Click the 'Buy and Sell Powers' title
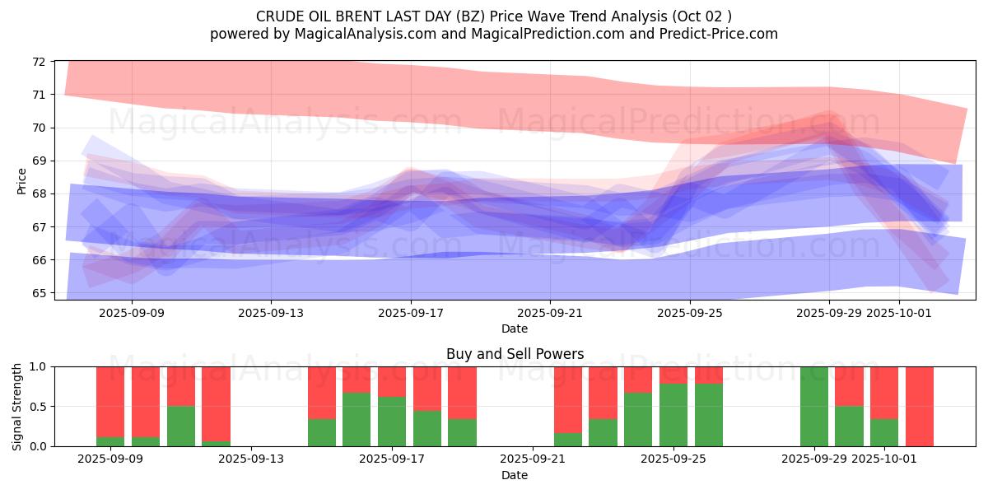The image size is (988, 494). pyautogui.click(x=515, y=354)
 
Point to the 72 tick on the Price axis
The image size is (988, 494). pyautogui.click(x=39, y=61)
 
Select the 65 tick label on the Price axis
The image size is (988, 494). pyautogui.click(x=39, y=293)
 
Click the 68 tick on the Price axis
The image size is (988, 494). pyautogui.click(x=39, y=193)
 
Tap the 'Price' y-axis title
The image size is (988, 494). pyautogui.click(x=21, y=181)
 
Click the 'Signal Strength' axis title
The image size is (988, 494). pyautogui.click(x=17, y=406)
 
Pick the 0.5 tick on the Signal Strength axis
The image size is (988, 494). pyautogui.click(x=35, y=407)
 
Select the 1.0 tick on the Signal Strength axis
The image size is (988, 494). pyautogui.click(x=35, y=366)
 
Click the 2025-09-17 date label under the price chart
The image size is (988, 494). pyautogui.click(x=411, y=313)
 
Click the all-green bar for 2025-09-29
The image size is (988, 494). pyautogui.click(x=813, y=406)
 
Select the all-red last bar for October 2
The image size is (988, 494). pyautogui.click(x=919, y=406)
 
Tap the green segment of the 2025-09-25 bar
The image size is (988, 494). pyautogui.click(x=673, y=415)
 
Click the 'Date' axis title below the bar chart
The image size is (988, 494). pyautogui.click(x=515, y=475)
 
